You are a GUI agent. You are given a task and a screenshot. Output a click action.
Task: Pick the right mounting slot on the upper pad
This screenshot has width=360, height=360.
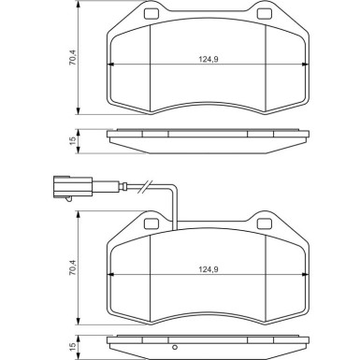pos(265,14)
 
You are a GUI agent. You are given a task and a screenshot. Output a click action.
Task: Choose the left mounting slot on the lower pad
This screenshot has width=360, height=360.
pos(148,225)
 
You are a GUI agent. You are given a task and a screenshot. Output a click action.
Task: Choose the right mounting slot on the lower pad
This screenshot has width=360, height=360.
pos(265,225)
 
